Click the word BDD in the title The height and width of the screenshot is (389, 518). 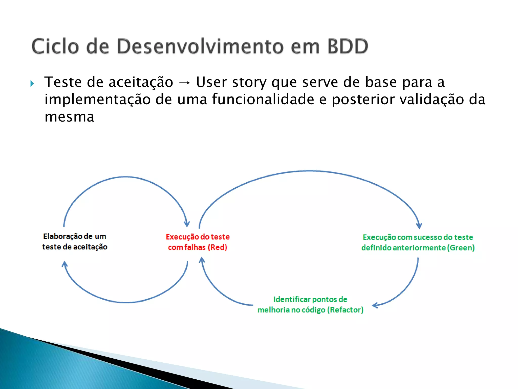tap(348, 46)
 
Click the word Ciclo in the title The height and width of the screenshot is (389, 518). tap(55, 46)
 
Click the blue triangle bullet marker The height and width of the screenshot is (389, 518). tap(32, 84)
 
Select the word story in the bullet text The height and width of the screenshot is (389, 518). tap(249, 82)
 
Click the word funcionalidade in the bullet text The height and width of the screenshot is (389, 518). tap(263, 99)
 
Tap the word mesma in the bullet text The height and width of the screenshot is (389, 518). tap(69, 117)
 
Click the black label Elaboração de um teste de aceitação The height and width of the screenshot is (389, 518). tap(75, 242)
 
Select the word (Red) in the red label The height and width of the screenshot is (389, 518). tap(217, 247)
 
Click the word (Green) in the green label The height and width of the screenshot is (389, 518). tap(461, 248)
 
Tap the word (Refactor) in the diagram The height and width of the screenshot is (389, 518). tap(345, 310)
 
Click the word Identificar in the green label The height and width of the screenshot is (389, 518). tap(292, 299)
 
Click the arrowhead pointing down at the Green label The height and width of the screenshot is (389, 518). tap(419, 226)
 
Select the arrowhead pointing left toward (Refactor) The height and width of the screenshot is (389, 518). tap(375, 305)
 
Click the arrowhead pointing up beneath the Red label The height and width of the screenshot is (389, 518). tap(202, 260)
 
